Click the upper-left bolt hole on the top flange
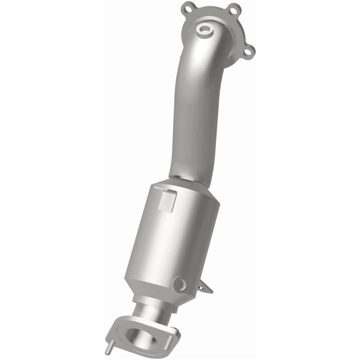(x=186, y=8)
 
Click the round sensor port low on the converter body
(x=180, y=283)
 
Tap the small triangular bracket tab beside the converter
(x=206, y=287)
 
